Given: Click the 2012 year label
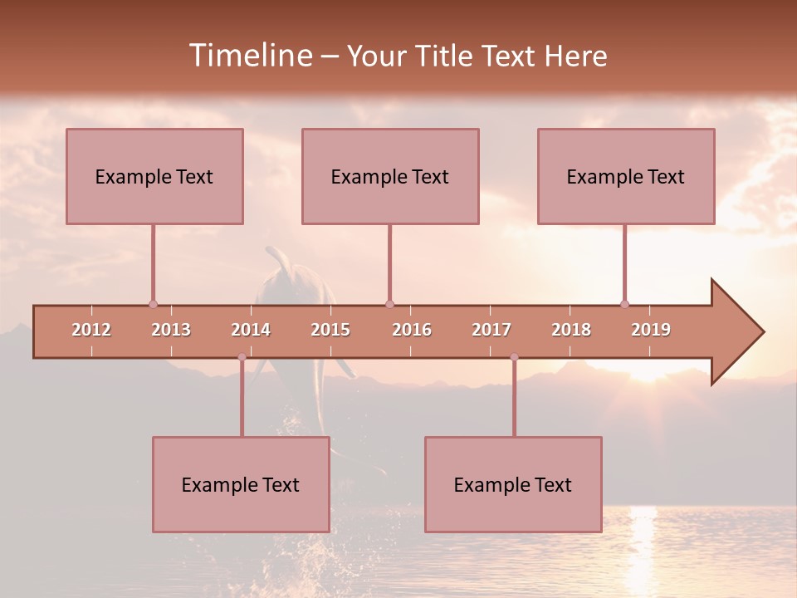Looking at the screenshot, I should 91,330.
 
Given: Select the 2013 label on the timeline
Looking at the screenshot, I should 171,330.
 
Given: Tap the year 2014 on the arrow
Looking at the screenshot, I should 251,330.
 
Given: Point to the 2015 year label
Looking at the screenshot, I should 330,330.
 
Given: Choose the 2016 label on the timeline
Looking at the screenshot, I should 412,330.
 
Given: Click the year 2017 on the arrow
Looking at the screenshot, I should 491,330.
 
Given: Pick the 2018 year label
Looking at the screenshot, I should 571,330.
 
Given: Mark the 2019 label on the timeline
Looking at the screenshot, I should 651,330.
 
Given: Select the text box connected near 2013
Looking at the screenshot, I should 154,176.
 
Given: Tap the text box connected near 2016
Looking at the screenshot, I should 390,176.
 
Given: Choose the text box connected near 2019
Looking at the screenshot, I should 626,176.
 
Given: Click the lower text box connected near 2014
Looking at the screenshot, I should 241,484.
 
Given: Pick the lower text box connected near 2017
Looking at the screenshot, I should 513,484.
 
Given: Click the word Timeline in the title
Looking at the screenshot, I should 249,56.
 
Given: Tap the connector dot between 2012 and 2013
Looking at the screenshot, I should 153,304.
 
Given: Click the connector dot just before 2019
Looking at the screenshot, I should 624,304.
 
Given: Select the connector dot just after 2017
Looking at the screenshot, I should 514,357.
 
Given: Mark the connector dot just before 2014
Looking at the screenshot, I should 242,357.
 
